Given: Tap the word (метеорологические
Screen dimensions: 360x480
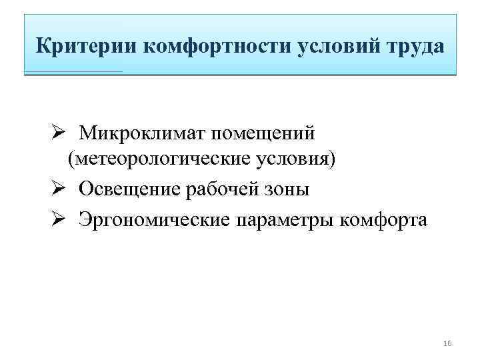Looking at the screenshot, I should [x=159, y=161].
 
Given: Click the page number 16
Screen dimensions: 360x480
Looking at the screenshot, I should [x=447, y=343].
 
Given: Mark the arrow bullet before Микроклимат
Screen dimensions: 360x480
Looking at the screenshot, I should [x=57, y=133].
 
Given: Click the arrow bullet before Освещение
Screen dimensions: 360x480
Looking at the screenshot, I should [x=57, y=189].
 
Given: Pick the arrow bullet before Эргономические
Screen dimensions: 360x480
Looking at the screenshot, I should [x=57, y=217].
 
